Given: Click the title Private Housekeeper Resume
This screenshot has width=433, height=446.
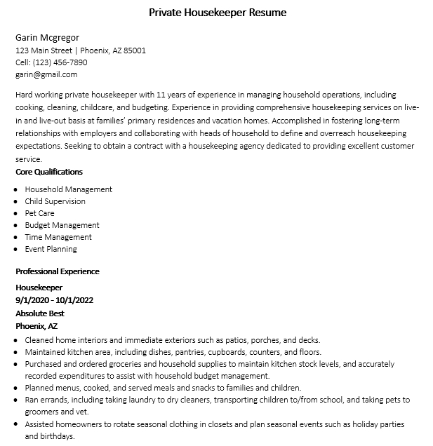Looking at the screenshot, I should click(x=218, y=13).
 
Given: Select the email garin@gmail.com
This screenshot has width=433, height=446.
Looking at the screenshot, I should click(x=46, y=74).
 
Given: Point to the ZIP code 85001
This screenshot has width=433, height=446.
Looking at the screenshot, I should click(x=134, y=50).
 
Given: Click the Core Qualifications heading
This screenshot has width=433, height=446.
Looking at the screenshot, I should click(x=49, y=172).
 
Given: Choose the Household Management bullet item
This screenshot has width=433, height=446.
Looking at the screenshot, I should click(x=68, y=189).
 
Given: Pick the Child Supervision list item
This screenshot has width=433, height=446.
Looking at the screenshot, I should click(x=55, y=201).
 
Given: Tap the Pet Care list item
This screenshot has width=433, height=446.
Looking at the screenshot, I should click(x=39, y=213).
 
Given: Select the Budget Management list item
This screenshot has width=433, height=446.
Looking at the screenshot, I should click(x=62, y=225).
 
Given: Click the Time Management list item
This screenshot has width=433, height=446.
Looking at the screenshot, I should click(x=58, y=237).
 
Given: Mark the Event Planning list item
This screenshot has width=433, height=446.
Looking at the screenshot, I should click(x=51, y=249).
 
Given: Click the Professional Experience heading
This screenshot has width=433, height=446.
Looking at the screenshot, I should click(x=58, y=271).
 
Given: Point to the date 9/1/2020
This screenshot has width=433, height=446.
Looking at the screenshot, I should click(x=32, y=300).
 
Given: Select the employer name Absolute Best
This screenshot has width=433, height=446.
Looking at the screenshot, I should click(x=40, y=313).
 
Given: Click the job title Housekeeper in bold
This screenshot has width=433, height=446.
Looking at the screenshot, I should click(x=39, y=288).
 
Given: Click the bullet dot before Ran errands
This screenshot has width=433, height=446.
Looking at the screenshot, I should click(x=17, y=400).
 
